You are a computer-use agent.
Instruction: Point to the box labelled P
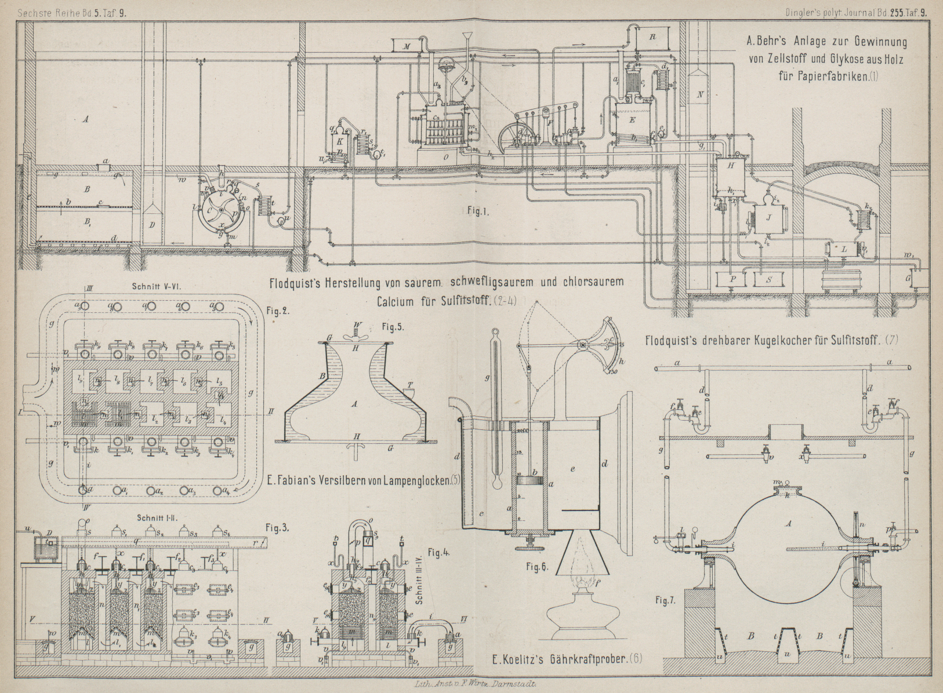point(733,279)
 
